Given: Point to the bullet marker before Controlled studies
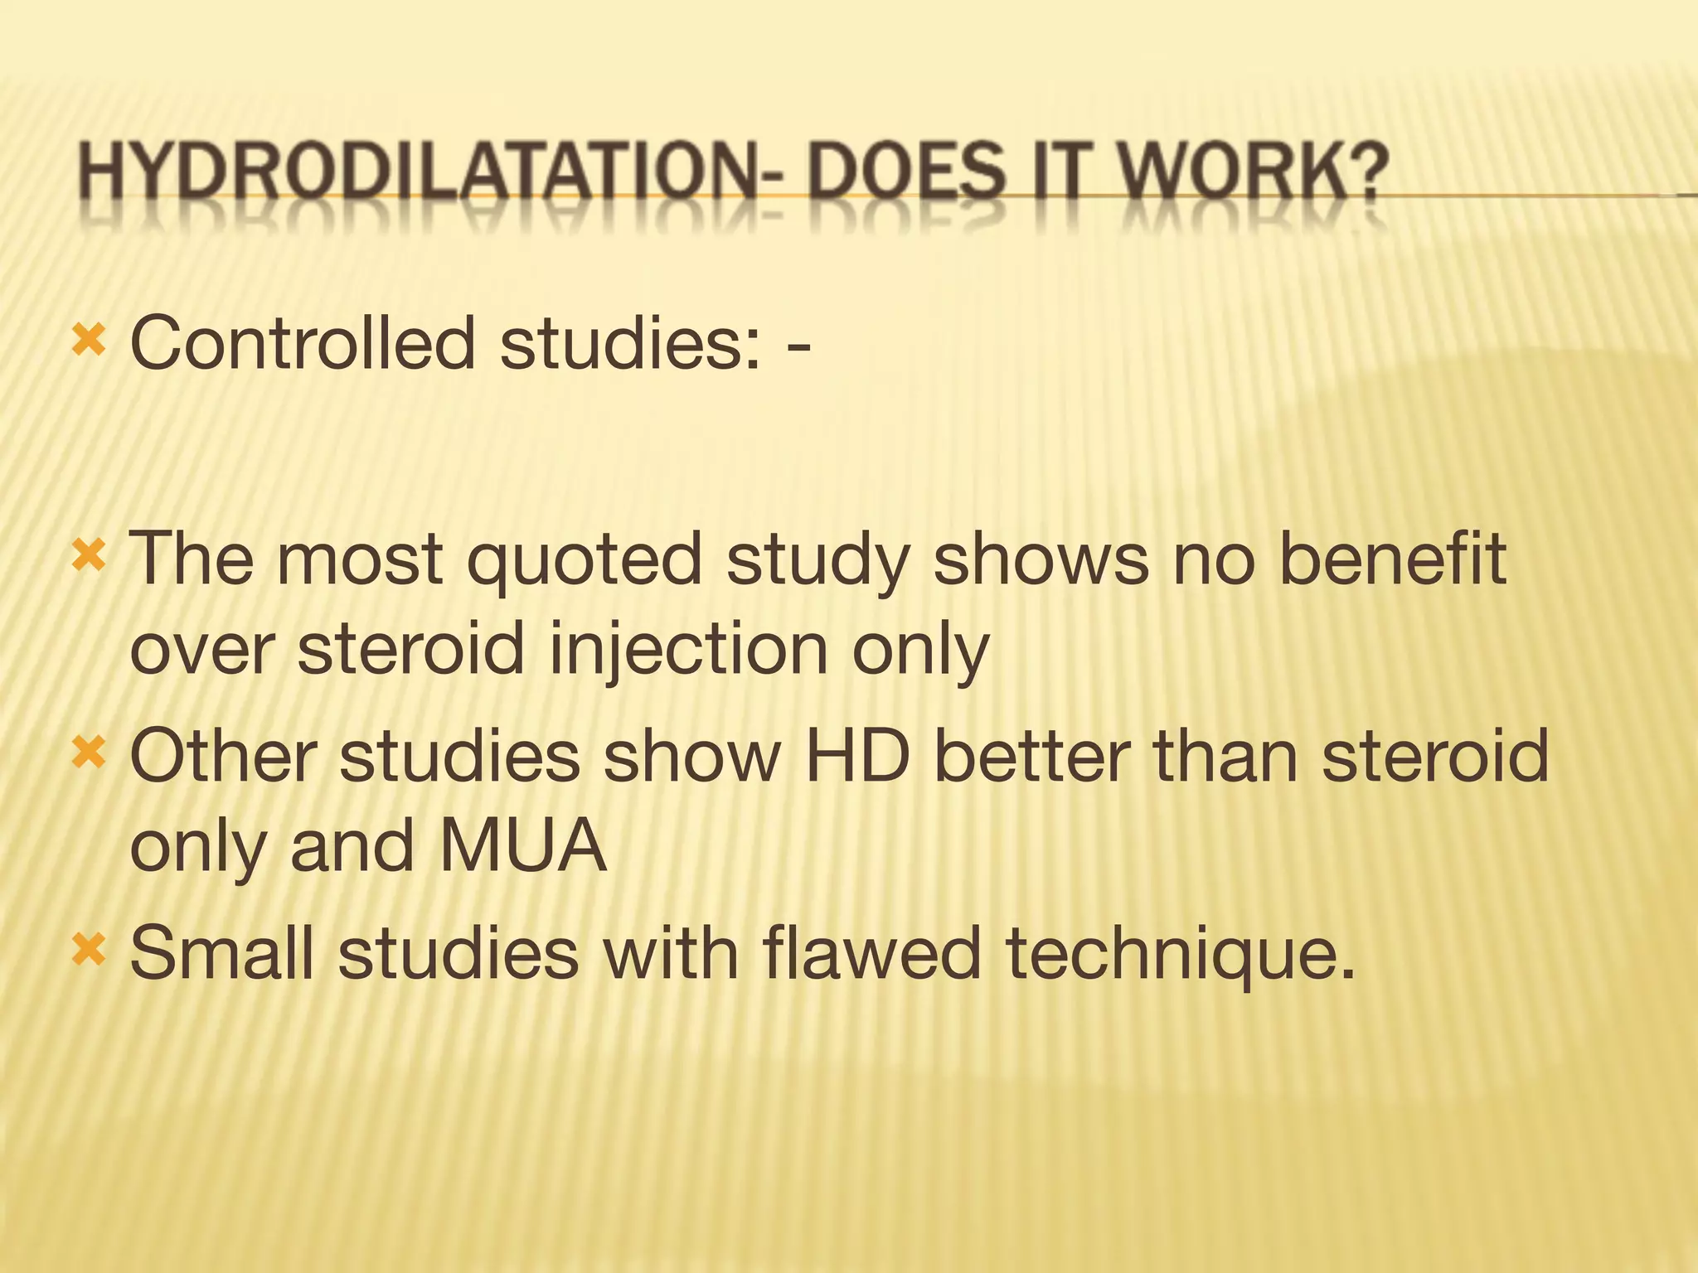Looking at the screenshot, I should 89,340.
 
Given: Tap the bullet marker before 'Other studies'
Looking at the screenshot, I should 89,753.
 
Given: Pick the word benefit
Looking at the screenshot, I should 1392,559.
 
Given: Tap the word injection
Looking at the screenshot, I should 689,650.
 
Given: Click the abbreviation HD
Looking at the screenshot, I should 856,756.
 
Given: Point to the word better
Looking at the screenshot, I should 1032,756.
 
